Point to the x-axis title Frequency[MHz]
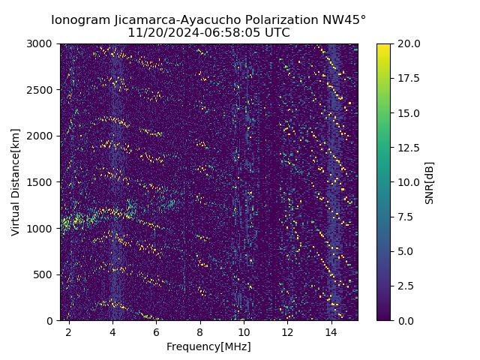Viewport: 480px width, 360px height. point(208,346)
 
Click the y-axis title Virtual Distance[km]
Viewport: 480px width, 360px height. point(16,181)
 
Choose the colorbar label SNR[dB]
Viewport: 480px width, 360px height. point(430,182)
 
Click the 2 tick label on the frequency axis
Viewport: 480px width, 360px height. point(69,331)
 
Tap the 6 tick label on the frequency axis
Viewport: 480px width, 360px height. point(156,331)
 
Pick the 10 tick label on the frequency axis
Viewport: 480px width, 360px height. point(244,331)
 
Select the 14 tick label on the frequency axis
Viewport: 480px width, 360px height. point(331,331)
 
